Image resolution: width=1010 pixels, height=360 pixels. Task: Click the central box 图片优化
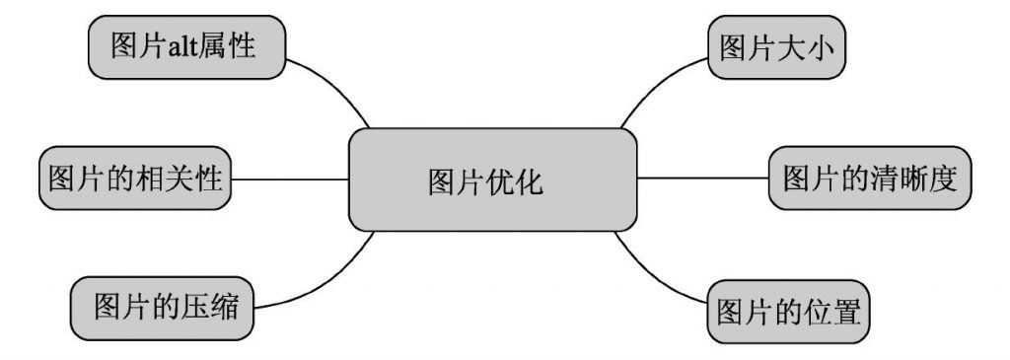pyautogui.click(x=492, y=180)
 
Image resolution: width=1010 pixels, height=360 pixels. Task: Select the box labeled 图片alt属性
pyautogui.click(x=187, y=47)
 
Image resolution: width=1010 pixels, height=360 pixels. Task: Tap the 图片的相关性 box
pyautogui.click(x=134, y=180)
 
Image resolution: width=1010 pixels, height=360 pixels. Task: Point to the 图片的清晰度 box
pyautogui.click(x=869, y=179)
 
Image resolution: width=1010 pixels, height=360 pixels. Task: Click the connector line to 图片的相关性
pyautogui.click(x=291, y=180)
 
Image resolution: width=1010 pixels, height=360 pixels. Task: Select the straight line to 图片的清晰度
pyautogui.click(x=702, y=179)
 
